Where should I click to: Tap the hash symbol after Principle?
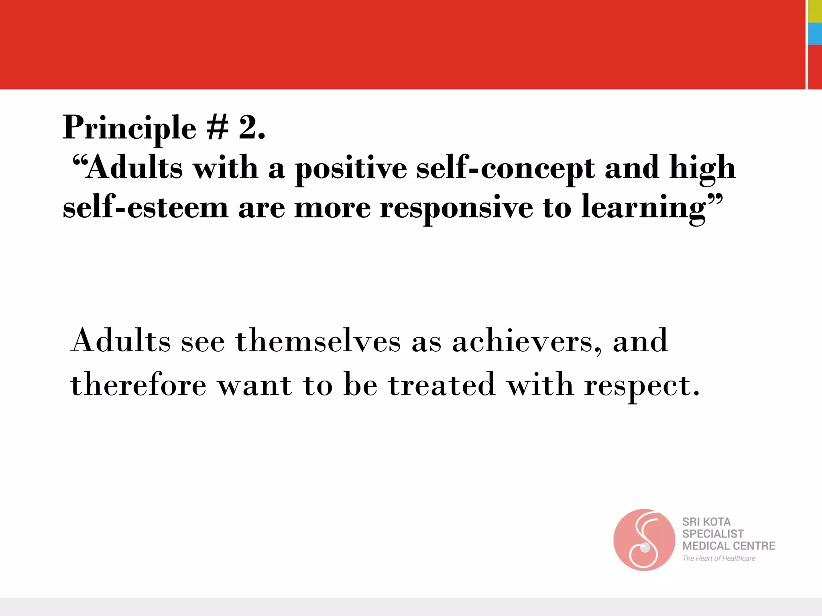(218, 128)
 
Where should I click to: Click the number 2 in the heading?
(248, 128)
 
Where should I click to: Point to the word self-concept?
(505, 168)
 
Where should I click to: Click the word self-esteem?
(145, 208)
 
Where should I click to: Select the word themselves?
(318, 341)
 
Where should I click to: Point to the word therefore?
(138, 384)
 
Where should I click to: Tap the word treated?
(442, 384)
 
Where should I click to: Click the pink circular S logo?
(644, 540)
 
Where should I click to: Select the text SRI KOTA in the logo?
(706, 522)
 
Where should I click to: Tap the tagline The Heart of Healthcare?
(718, 558)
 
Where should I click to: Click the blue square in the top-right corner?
(815, 34)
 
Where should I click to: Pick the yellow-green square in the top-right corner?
(815, 11)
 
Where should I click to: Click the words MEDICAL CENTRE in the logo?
(728, 546)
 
